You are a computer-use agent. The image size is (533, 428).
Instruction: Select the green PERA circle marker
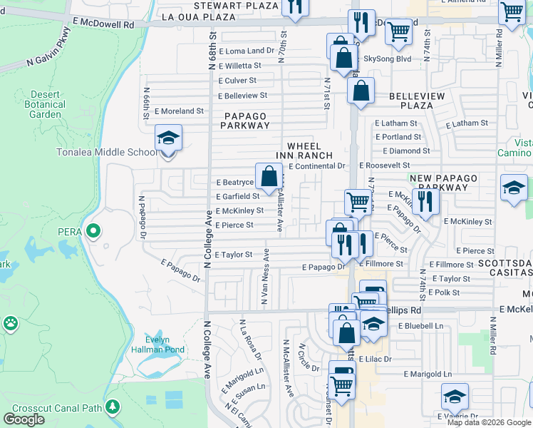click(x=93, y=230)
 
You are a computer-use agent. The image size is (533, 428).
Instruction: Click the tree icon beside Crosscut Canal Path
click(x=112, y=407)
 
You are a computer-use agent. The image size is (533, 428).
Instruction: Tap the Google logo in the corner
click(x=24, y=419)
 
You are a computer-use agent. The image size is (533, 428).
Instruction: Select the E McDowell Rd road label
click(x=103, y=24)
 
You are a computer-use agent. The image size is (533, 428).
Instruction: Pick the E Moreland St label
click(x=181, y=111)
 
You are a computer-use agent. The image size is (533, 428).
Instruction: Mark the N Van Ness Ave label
click(x=264, y=277)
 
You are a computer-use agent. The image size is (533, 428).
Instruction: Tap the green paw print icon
click(x=10, y=324)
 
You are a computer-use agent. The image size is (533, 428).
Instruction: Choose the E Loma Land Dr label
click(x=247, y=51)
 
